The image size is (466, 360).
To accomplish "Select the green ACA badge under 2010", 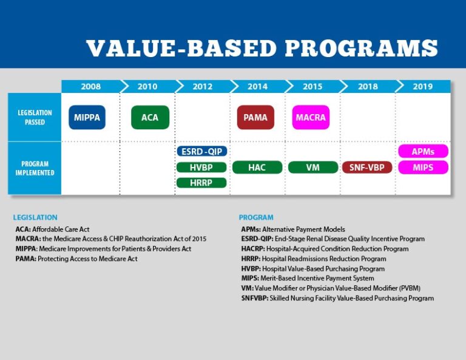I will click(150, 117).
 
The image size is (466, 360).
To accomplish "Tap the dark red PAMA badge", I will click(255, 117).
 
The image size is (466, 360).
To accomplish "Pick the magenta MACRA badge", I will click(311, 117).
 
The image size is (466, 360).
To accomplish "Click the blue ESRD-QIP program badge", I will click(202, 151).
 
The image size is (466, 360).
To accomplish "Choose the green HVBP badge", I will click(202, 167).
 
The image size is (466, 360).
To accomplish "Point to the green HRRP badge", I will click(202, 183).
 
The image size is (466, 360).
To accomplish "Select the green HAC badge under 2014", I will click(257, 167).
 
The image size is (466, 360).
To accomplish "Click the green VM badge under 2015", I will click(312, 167).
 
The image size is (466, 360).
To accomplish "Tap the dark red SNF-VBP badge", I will click(368, 167).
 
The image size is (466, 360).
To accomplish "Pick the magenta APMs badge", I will click(423, 151).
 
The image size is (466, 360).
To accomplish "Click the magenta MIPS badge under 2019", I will click(423, 167).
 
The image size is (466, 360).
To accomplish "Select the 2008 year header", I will click(90, 86).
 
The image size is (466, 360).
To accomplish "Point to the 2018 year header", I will click(368, 86).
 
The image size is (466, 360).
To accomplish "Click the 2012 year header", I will click(202, 86).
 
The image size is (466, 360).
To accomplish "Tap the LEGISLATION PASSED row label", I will click(35, 117).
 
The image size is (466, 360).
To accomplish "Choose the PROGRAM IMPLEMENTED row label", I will click(35, 168).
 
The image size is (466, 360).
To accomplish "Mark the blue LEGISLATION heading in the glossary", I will click(35, 217).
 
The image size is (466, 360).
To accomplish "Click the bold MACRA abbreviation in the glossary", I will click(28, 239).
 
